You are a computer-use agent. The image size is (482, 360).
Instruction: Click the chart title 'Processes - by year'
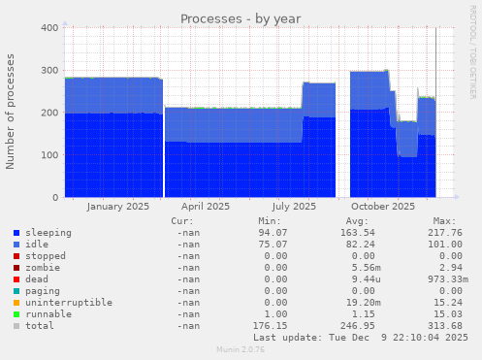[x=241, y=18]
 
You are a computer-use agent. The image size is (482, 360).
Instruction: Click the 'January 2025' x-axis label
[x=117, y=206]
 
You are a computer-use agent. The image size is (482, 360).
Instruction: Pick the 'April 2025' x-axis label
[x=205, y=206]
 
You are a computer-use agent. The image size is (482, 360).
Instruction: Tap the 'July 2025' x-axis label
[x=294, y=206]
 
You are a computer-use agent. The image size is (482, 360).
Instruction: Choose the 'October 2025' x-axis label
[x=382, y=206]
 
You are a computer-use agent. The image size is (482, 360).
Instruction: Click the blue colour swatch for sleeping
[x=16, y=234]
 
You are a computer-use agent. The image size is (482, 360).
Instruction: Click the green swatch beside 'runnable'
[x=16, y=313]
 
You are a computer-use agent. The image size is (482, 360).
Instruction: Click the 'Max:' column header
[x=444, y=221]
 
